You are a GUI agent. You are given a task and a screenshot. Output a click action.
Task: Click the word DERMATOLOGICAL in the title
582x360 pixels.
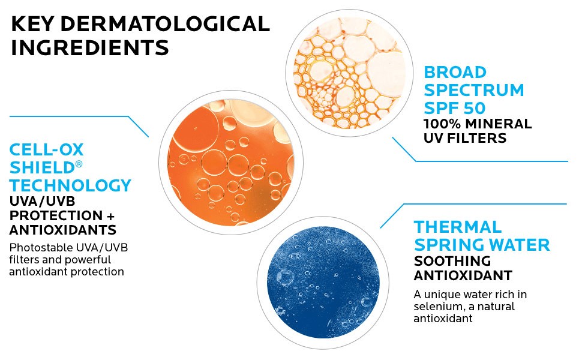165,24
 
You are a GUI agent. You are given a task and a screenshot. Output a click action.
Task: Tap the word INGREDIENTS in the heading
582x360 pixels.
90,48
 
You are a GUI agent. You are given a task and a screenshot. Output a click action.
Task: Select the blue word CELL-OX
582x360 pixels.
46,150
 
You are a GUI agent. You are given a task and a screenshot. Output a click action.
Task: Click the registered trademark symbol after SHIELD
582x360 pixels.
79,164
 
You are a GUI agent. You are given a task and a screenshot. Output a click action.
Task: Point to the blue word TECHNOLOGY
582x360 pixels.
71,185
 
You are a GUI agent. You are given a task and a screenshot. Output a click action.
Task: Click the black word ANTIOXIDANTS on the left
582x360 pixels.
63,230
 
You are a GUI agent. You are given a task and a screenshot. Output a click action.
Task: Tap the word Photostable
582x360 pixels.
37,248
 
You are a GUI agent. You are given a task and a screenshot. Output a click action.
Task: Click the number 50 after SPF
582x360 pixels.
474,108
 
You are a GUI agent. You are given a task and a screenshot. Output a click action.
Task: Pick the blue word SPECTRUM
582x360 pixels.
474,90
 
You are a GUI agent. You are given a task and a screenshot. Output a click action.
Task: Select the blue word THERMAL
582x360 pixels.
458,227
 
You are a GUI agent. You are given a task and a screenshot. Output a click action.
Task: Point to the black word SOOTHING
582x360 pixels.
452,261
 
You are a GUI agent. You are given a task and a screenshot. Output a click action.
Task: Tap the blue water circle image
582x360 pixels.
323,283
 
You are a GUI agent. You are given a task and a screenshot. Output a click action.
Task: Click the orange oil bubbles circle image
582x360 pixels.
231,163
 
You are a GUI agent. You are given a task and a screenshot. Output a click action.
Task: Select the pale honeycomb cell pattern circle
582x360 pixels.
349,73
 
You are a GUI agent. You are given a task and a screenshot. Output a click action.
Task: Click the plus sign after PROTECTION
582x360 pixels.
110,216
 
